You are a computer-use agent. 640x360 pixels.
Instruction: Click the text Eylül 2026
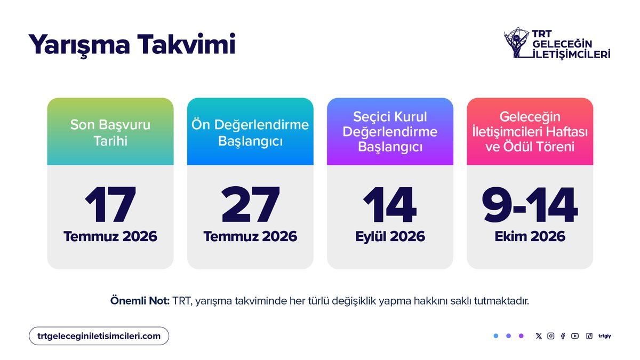[390, 236]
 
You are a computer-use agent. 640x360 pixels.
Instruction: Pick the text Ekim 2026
[530, 236]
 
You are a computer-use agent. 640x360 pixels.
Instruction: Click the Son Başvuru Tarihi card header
[110, 132]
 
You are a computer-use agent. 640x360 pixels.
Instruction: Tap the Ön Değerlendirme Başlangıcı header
[250, 132]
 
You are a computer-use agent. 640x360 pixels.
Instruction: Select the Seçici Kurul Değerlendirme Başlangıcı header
[390, 131]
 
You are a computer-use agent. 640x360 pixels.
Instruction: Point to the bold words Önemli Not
[140, 301]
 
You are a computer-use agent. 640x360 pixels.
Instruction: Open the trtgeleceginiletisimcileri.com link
[99, 336]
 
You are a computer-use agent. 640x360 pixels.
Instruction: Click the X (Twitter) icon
[539, 336]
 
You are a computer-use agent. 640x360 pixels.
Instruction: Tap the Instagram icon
[550, 336]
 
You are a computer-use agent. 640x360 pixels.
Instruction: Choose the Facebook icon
[563, 336]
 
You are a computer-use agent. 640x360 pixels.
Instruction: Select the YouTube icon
[574, 336]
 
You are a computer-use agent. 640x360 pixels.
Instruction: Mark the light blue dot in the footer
[496, 336]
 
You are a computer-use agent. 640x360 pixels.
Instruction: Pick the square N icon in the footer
[589, 336]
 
